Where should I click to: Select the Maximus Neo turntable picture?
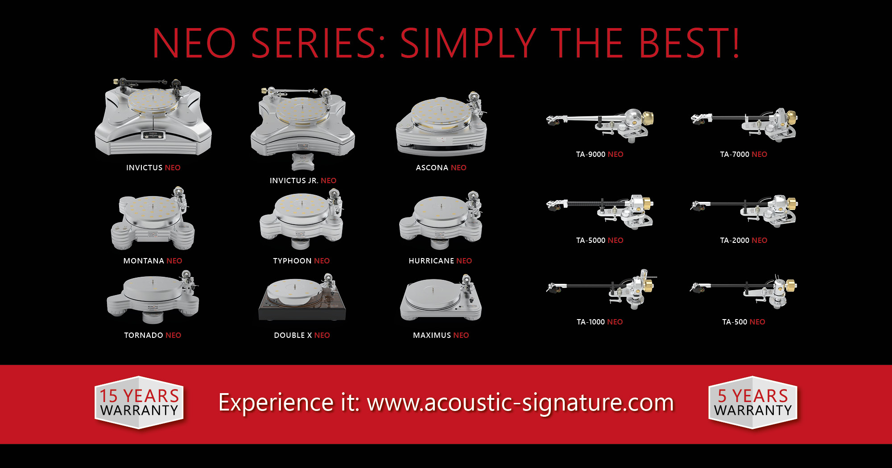tap(441, 299)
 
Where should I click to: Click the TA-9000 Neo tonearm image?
tap(600, 125)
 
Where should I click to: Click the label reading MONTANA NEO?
tap(153, 261)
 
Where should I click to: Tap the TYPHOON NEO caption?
tap(301, 261)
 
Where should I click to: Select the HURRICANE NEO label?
tap(440, 261)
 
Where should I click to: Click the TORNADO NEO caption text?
tap(153, 335)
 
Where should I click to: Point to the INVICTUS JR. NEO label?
tap(303, 181)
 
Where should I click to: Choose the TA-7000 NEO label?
tap(743, 154)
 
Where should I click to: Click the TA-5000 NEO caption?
tap(600, 240)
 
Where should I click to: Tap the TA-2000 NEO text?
tap(743, 240)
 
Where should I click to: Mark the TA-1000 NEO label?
tap(600, 322)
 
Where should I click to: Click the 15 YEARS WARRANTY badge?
tap(139, 402)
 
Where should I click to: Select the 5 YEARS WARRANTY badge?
tap(753, 402)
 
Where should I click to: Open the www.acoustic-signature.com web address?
tap(520, 403)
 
